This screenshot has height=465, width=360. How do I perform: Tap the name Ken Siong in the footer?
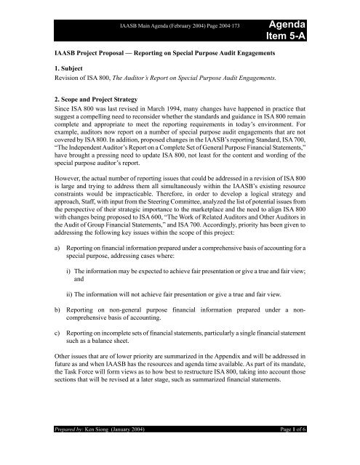point(101,451)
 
